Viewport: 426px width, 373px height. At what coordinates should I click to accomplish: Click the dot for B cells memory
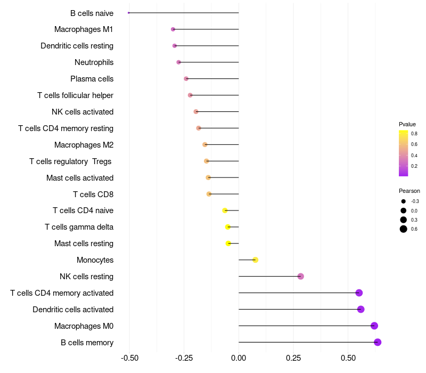click(378, 342)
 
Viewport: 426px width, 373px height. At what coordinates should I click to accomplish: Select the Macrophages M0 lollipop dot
click(374, 326)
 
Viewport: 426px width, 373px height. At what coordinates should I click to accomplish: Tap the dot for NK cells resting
click(301, 276)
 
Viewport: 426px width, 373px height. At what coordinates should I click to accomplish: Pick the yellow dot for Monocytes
click(256, 260)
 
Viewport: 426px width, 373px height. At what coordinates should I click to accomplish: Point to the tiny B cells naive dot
click(129, 13)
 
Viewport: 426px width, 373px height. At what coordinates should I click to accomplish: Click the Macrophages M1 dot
click(173, 29)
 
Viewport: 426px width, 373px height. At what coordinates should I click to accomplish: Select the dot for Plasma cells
click(186, 79)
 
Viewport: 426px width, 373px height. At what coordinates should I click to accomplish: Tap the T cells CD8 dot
click(209, 194)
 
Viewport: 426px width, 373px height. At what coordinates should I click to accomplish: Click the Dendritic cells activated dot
click(361, 309)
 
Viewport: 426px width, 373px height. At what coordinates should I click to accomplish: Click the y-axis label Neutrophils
click(94, 62)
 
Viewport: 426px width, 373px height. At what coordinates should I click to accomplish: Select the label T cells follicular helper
click(75, 95)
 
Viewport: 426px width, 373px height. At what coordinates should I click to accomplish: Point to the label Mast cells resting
click(84, 244)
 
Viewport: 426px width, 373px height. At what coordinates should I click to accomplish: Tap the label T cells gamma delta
click(79, 227)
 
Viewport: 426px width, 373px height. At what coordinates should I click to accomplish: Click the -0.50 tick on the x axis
click(129, 357)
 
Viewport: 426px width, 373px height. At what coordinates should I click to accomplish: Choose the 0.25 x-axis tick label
click(293, 357)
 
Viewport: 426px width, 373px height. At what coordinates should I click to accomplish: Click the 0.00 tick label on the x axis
click(239, 357)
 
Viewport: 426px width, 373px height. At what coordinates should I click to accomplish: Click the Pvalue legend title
click(407, 124)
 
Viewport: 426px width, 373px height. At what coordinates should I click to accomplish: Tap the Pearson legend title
click(409, 191)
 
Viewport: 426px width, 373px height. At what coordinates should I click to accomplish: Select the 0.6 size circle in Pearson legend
click(404, 229)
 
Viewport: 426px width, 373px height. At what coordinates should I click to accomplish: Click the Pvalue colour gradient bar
click(404, 153)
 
